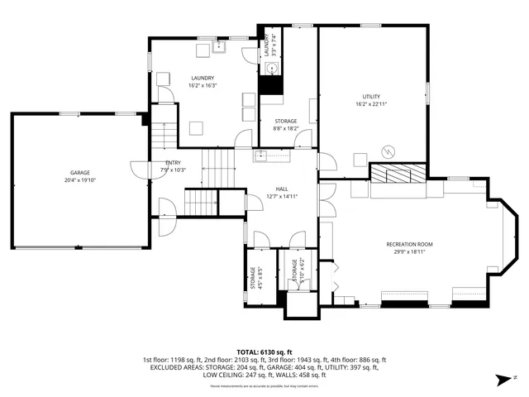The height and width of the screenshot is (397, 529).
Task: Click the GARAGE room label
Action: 80,173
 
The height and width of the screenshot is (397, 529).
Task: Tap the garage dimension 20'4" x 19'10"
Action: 80,180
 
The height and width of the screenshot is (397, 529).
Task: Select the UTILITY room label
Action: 371,98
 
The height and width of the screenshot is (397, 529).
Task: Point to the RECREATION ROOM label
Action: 409,244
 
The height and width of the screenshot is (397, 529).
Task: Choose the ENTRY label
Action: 173,163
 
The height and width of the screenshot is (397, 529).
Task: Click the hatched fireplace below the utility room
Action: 398,173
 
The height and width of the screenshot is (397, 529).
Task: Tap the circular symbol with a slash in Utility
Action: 386,151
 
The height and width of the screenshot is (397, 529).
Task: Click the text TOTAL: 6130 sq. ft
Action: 264,352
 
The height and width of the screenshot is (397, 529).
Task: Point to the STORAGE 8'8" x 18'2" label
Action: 286,125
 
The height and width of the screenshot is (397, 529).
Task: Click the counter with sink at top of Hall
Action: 274,155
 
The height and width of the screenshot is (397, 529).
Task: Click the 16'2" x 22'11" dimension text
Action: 371,105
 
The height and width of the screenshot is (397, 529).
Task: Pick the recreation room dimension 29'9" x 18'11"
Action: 409,251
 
